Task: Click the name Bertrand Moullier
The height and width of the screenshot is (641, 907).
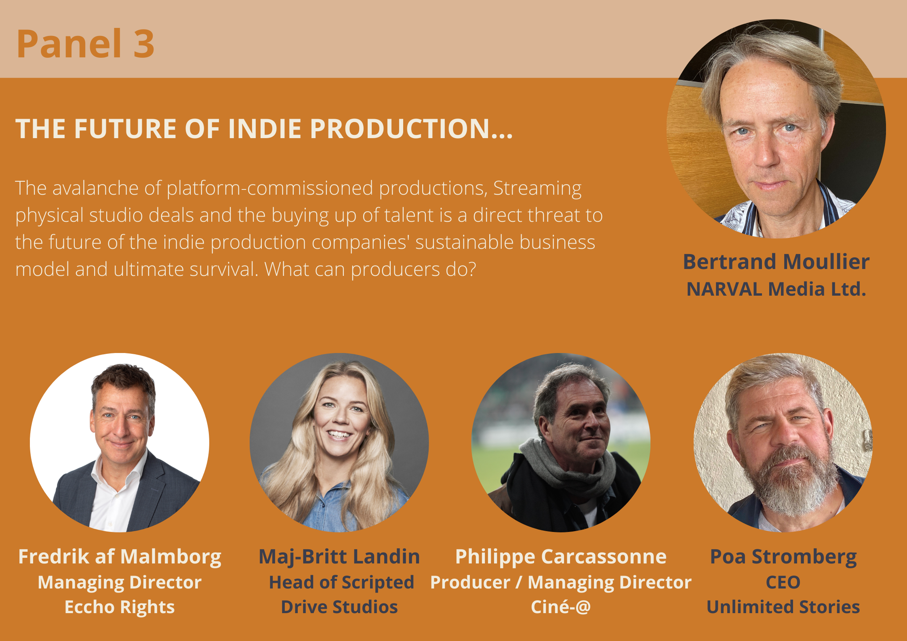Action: coord(776,261)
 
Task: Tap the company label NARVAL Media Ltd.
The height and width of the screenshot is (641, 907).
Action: coord(776,289)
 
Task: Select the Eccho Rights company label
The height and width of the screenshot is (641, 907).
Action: coord(120,607)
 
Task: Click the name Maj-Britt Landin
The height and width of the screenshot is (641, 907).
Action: coord(339,557)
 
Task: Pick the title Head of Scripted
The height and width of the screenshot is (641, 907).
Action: coord(341,583)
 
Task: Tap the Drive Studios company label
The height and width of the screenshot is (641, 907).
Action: coord(339,607)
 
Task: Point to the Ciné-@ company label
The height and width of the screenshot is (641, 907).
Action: coord(561,607)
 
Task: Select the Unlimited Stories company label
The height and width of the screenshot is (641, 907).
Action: coord(783,607)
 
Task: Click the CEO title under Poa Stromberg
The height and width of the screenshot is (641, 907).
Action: coord(783,583)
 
